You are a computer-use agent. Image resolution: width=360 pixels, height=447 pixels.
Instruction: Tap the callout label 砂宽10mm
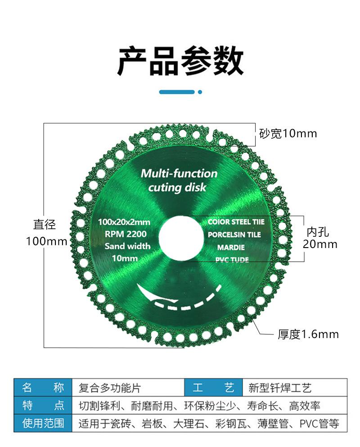[288, 133]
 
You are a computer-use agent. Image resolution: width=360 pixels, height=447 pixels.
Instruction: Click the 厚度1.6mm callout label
[308, 334]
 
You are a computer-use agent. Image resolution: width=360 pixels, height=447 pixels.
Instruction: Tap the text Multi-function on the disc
[179, 173]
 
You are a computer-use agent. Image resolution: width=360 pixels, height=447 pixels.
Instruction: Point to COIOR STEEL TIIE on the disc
[236, 222]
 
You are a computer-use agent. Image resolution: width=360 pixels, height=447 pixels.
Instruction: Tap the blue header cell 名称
[43, 388]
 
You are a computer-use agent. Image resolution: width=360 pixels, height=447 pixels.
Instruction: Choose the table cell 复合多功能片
[110, 388]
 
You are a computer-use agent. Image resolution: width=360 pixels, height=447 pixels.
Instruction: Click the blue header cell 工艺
[213, 388]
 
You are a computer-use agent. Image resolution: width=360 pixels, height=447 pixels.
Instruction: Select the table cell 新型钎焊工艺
[279, 388]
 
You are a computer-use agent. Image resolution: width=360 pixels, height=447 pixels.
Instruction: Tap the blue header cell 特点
[43, 406]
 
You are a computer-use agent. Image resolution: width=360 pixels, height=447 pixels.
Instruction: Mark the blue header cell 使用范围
[43, 424]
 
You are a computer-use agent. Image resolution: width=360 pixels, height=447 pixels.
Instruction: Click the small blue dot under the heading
[200, 92]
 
